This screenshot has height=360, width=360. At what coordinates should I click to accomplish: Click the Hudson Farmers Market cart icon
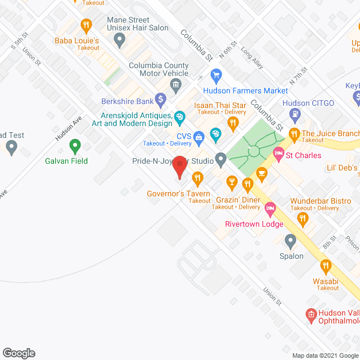coord(215,75)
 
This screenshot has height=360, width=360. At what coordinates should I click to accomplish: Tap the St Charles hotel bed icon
coord(278,153)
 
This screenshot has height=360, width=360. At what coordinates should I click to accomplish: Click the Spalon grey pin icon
coord(290,241)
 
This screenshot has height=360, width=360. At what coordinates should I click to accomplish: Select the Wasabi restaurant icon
coord(325,264)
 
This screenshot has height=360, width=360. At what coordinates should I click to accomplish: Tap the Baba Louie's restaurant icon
coord(86,25)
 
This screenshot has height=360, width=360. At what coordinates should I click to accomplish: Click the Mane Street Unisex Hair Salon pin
coord(119,39)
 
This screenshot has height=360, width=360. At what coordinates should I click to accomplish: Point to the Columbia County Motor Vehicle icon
coord(175,85)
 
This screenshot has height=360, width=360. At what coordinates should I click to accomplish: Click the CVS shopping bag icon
coord(199,136)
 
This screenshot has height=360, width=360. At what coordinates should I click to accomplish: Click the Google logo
coord(18,353)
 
